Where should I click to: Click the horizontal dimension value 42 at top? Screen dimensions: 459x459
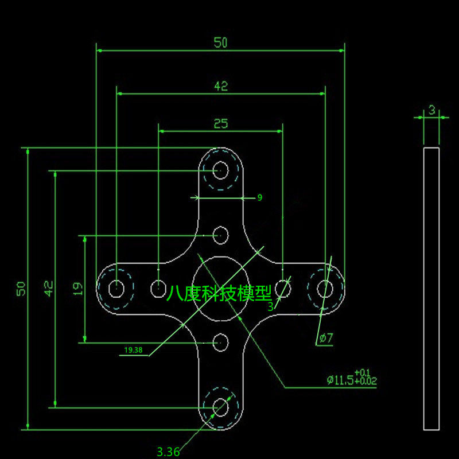coord(221,86)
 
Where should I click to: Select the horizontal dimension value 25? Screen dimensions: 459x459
coord(221,123)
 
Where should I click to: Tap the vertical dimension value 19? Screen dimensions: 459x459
coord(79,288)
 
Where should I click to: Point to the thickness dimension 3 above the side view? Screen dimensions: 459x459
coord(431,110)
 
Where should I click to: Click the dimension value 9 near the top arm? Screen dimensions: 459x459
coord(259,197)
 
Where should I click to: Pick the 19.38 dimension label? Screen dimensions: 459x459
coord(133,349)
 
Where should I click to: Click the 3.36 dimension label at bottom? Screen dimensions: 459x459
coord(168,452)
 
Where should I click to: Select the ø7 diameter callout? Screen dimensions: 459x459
coord(326,338)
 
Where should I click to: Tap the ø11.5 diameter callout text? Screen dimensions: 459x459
coord(351,379)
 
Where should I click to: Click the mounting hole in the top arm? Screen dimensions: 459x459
coord(220,170)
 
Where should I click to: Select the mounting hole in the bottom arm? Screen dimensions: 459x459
coord(220,407)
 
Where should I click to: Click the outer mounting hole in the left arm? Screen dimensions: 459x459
coord(116,288)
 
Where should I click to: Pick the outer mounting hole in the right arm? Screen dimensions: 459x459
coord(325,288)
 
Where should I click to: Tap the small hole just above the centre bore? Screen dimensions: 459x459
coord(220,235)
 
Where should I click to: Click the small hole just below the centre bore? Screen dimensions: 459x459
coord(220,343)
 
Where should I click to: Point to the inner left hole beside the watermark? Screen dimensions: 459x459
coord(158,288)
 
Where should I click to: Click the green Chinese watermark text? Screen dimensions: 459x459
coord(219,294)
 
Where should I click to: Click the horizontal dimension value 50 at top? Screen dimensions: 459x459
coord(221,42)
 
